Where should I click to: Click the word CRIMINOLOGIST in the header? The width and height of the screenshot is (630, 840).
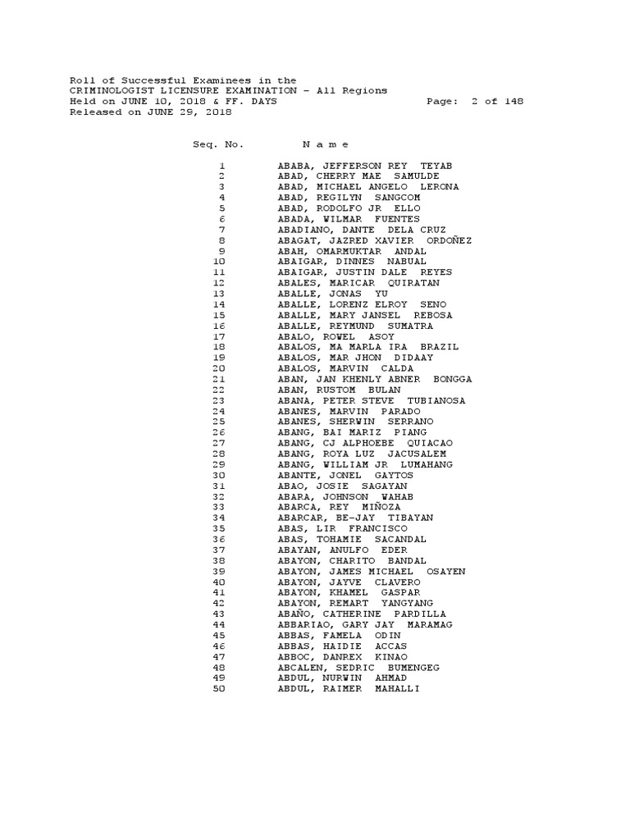[x=110, y=91]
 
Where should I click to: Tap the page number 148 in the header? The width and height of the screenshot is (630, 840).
[x=514, y=102]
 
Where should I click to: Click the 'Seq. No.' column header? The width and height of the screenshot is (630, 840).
[x=218, y=144]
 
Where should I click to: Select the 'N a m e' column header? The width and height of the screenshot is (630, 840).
[x=326, y=144]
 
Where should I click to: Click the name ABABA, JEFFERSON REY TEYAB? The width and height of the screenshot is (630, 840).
[x=365, y=166]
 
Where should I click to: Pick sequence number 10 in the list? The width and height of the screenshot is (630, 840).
[x=218, y=262]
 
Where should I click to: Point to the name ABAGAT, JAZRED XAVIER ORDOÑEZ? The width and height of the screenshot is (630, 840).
[x=375, y=240]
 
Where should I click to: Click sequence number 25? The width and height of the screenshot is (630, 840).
[x=218, y=422]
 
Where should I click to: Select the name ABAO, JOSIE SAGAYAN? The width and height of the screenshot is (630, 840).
[x=342, y=486]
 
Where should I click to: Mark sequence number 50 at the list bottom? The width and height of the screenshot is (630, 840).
[x=218, y=688]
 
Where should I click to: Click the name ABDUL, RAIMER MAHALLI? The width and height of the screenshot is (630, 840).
[x=349, y=688]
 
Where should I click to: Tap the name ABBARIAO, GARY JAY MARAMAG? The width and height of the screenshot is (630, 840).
[x=365, y=624]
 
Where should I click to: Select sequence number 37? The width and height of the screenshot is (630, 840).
[x=218, y=550]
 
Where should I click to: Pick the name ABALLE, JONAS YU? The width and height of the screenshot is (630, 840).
[x=333, y=294]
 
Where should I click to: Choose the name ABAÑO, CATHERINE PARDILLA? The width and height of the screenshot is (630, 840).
[x=362, y=614]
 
